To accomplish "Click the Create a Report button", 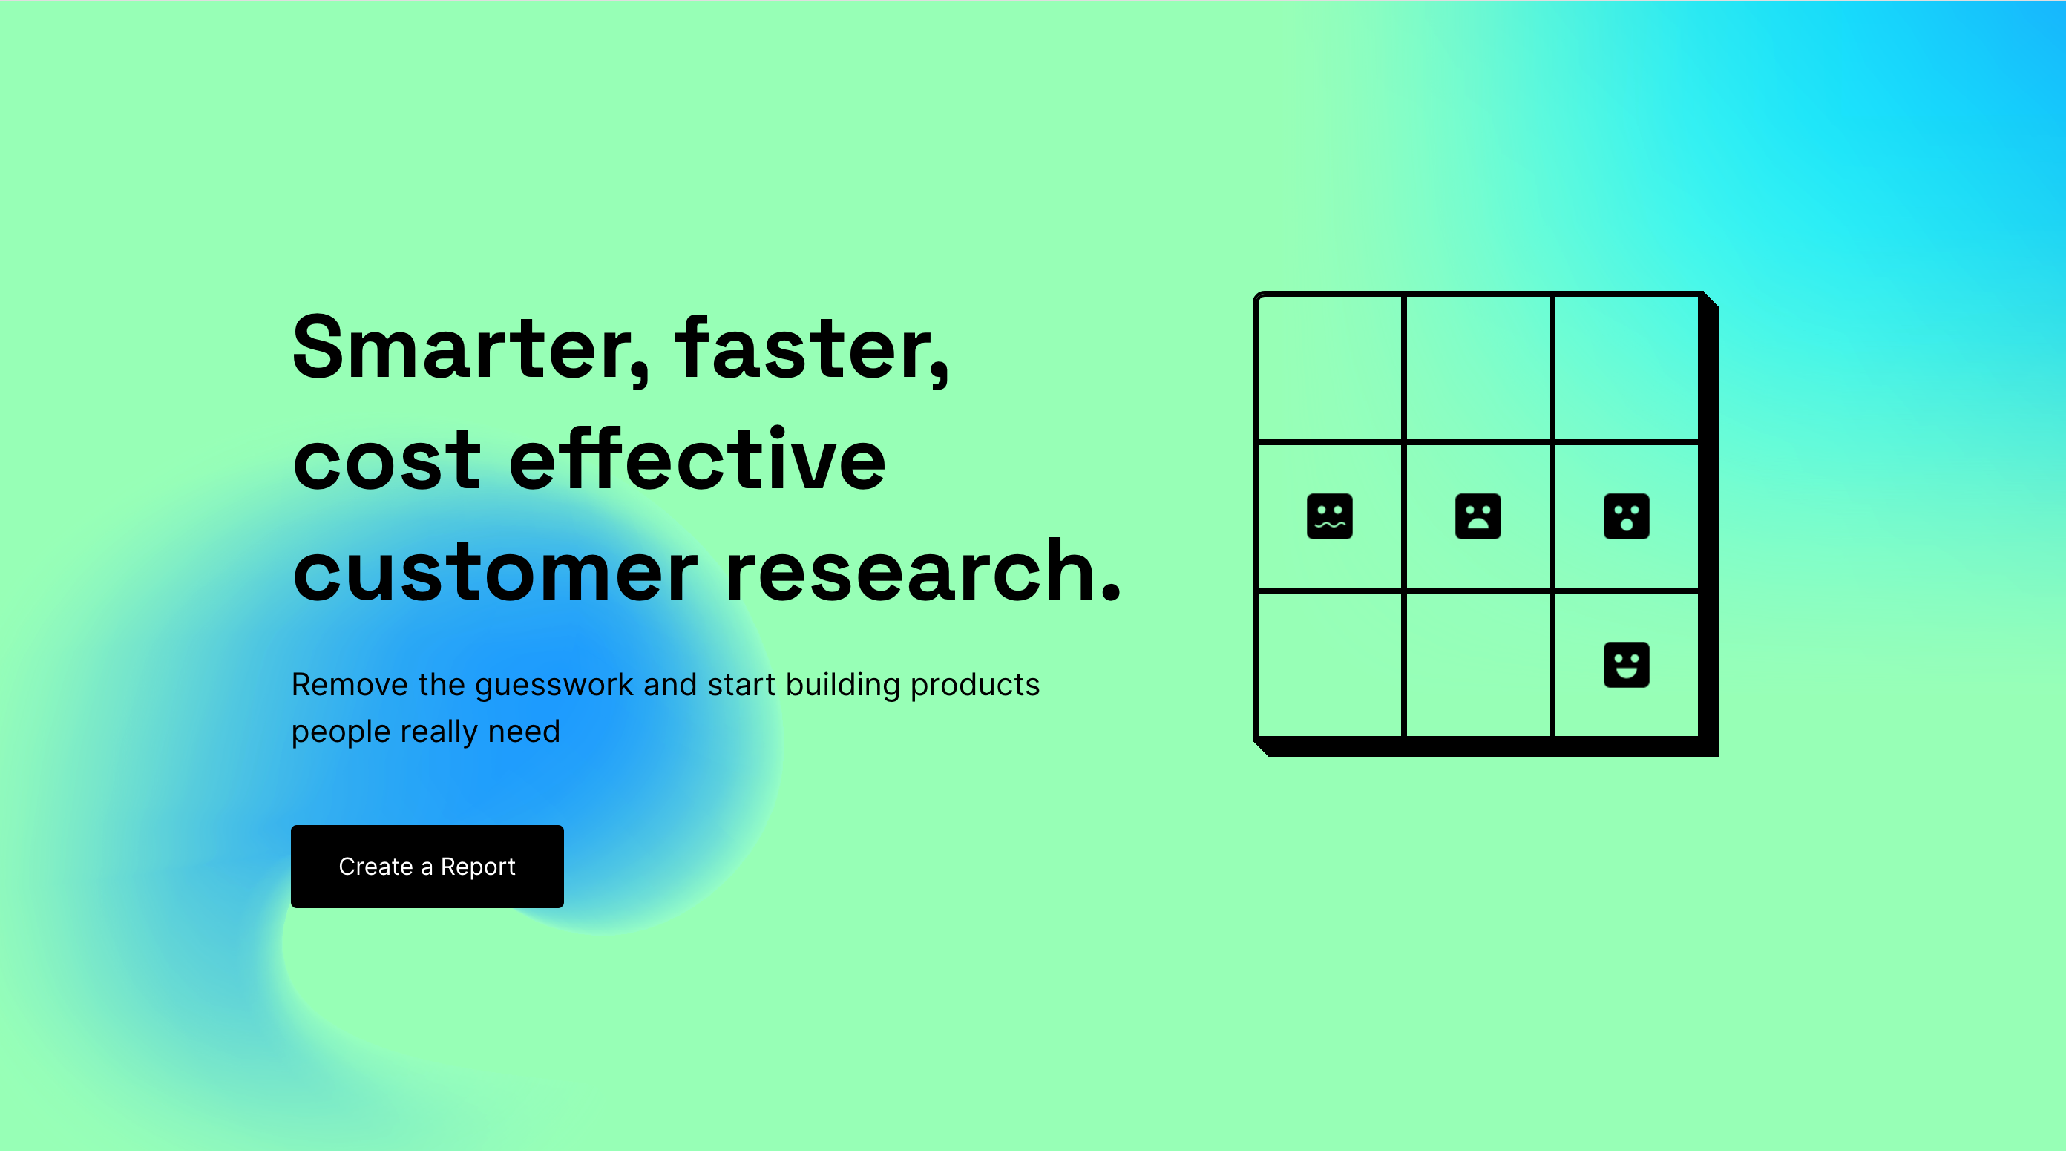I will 427,866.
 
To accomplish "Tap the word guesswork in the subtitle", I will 554,686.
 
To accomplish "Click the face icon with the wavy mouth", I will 1329,516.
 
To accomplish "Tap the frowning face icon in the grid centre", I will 1478,516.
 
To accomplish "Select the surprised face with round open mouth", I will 1626,516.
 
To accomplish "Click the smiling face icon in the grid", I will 1626,665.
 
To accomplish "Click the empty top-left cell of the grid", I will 1329,368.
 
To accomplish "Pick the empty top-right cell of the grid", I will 1626,368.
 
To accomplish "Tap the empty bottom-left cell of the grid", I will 1329,665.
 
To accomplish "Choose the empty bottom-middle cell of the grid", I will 1478,665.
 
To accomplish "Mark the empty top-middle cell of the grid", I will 1478,368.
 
